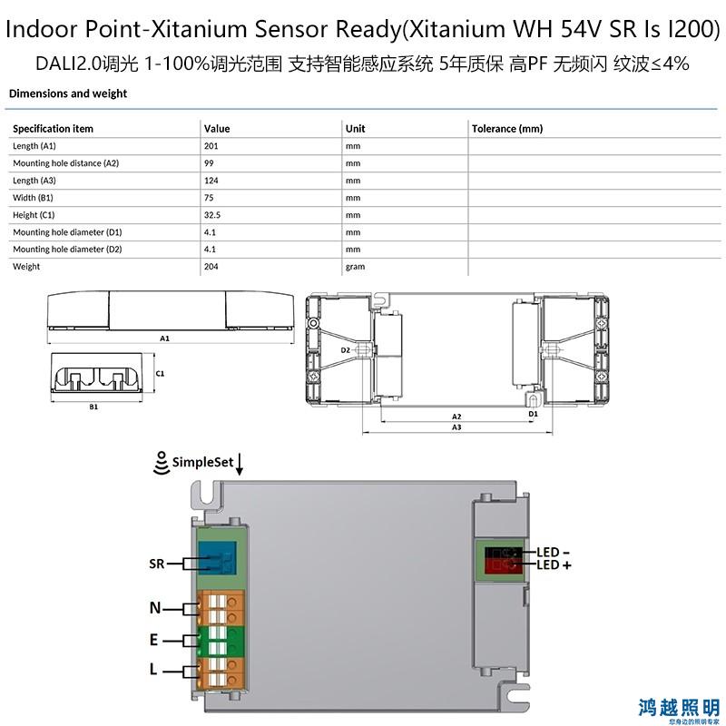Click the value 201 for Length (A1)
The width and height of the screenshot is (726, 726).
tap(211, 146)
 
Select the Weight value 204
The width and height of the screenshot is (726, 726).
tap(211, 266)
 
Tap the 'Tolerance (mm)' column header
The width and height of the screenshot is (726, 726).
tap(507, 129)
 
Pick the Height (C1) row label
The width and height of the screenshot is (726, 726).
tap(34, 215)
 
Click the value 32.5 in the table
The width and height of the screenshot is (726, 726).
tap(212, 215)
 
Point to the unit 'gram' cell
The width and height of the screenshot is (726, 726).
tap(355, 267)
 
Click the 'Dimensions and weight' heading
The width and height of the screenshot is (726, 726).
tap(68, 93)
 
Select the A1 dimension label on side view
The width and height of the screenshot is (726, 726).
tap(164, 338)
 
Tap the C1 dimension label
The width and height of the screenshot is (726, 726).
tap(160, 373)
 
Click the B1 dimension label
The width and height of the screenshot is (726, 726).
tap(93, 407)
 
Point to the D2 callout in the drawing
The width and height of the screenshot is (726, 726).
tap(346, 350)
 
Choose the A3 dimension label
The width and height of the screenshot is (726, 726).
tap(456, 427)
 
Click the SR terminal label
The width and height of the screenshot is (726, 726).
tap(156, 564)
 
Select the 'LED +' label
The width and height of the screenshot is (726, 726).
tap(554, 564)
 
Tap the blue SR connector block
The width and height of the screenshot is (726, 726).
tap(217, 558)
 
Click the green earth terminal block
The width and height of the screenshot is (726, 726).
tap(221, 641)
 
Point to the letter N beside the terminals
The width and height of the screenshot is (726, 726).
tap(155, 607)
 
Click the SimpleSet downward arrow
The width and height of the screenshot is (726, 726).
tap(240, 465)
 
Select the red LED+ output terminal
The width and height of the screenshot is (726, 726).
tap(503, 565)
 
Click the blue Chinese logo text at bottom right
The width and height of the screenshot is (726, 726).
tap(678, 708)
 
